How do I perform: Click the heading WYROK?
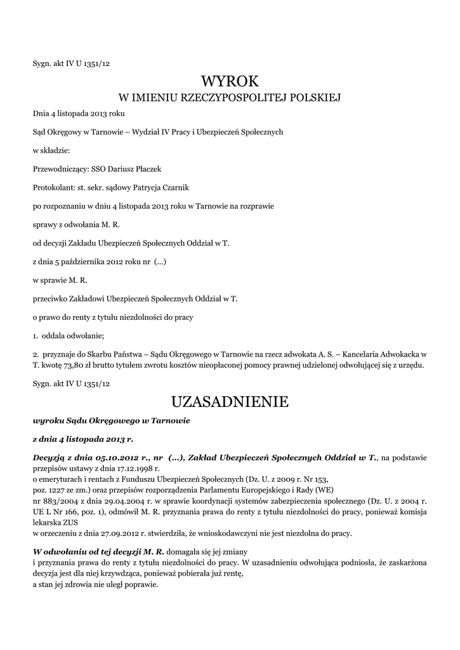pos(230,81)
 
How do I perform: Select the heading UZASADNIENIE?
pos(230,402)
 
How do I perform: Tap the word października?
pos(91,262)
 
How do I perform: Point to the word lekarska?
pos(47,522)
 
